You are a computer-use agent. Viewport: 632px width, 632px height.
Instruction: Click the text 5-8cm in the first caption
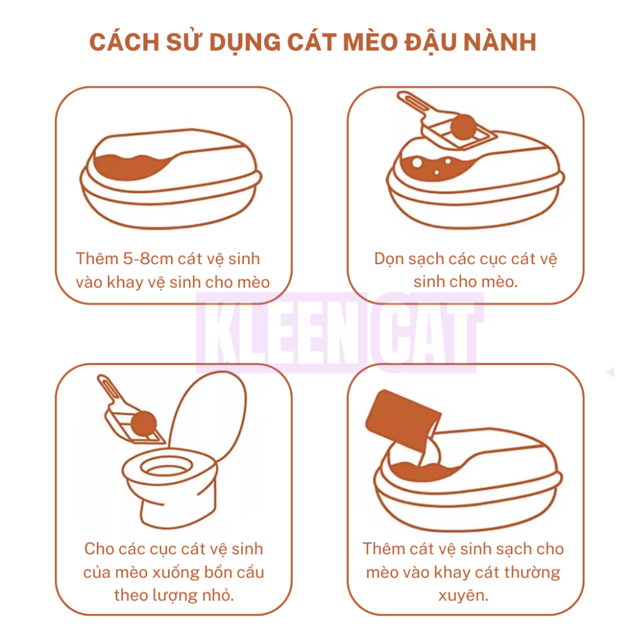click(x=148, y=259)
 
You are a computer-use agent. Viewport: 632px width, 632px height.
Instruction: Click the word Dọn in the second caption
click(x=389, y=259)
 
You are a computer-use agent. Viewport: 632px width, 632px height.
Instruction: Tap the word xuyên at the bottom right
click(x=463, y=595)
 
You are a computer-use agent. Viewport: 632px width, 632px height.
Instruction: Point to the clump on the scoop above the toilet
click(x=143, y=424)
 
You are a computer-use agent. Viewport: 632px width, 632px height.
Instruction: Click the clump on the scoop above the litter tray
click(x=464, y=127)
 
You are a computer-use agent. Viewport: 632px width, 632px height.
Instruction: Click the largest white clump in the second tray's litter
click(x=417, y=163)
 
